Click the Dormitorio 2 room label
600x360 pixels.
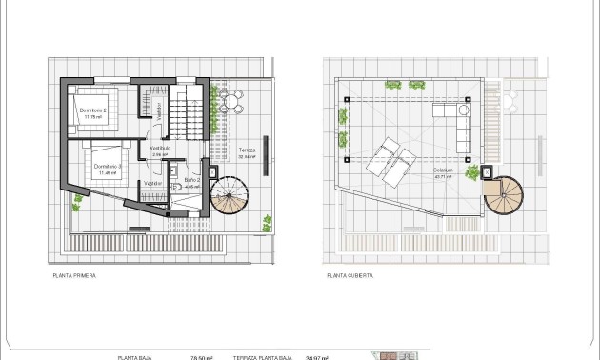point(92,112)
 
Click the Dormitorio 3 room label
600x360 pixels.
point(106,169)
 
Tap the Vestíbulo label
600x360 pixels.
point(159,148)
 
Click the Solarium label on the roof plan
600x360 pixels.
point(443,173)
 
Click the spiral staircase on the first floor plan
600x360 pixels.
point(230,198)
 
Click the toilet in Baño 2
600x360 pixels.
point(180,187)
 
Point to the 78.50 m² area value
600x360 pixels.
point(202,357)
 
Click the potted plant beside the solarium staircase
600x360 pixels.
point(472,172)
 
